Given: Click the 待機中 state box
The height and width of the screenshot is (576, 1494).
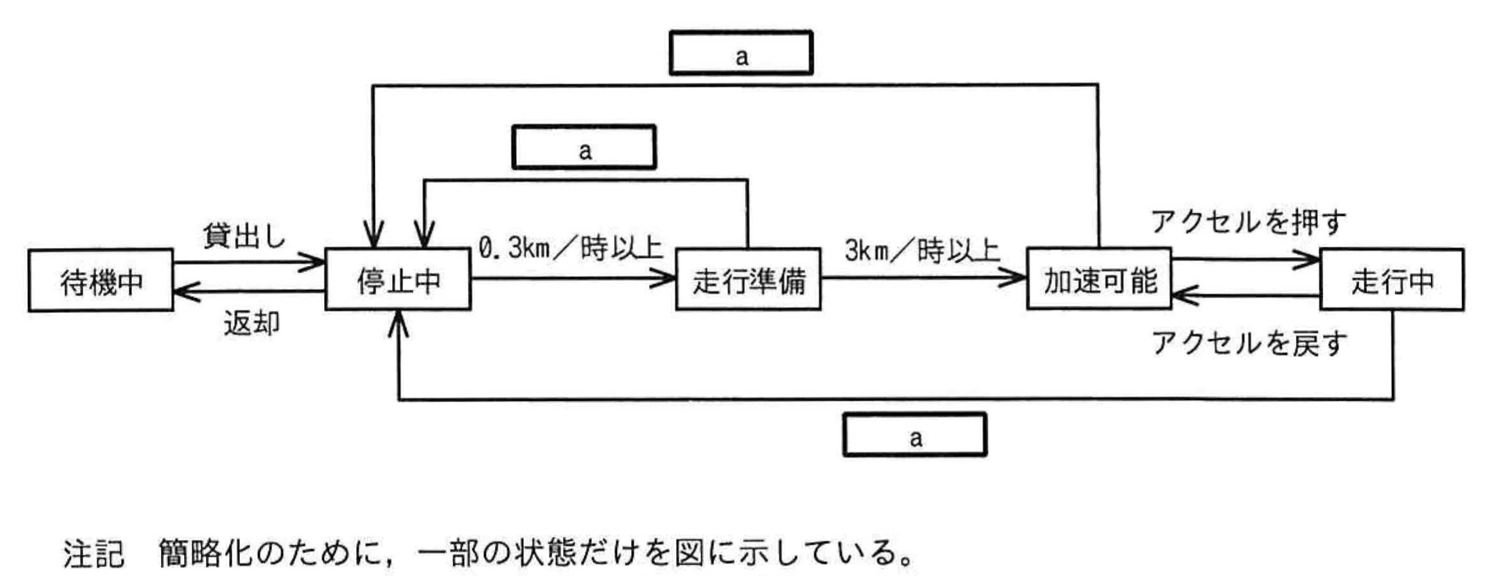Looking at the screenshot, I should click(x=101, y=281).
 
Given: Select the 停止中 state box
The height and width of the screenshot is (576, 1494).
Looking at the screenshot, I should click(x=398, y=280).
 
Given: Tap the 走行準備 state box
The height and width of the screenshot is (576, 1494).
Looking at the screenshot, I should click(x=748, y=280).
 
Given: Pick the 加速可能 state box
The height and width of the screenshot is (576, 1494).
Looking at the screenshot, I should click(x=1099, y=280).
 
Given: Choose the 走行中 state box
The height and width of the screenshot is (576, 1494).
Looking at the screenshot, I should click(x=1392, y=280).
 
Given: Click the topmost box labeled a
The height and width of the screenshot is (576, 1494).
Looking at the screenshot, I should click(x=741, y=54).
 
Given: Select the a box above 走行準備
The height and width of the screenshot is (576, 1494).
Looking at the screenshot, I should click(x=584, y=148).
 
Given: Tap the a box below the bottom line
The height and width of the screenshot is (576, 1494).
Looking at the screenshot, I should click(x=914, y=434).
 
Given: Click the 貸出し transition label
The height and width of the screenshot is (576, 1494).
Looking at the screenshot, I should click(x=244, y=236).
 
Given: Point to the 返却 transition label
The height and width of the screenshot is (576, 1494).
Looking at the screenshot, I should click(x=251, y=323).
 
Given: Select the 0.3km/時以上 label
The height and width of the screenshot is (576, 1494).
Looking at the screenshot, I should click(x=570, y=247).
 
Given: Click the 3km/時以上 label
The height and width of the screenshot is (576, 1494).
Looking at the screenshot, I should click(x=922, y=250).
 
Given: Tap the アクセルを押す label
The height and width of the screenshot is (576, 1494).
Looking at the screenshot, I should click(x=1248, y=221).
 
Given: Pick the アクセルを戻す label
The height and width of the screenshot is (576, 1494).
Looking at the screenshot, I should click(x=1248, y=342).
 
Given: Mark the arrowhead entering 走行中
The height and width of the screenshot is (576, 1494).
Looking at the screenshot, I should click(x=1311, y=260).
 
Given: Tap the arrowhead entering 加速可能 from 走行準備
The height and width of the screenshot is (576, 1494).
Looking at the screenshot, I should click(x=1018, y=278).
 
